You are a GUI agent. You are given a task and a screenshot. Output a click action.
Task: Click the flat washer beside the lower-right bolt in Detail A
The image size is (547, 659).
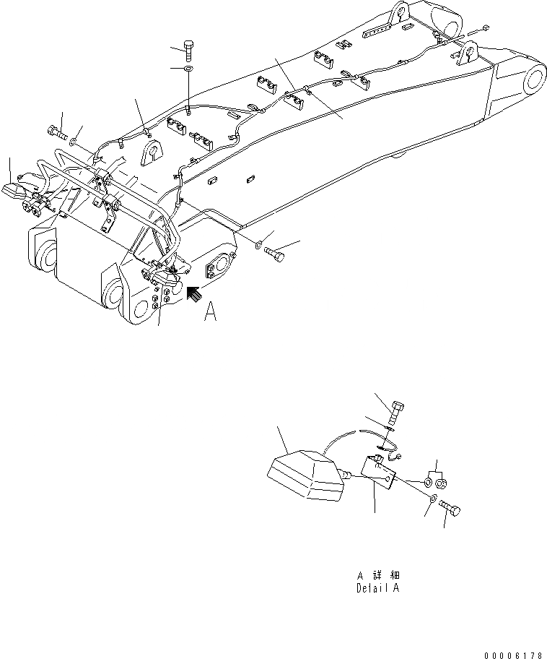[x=432, y=499]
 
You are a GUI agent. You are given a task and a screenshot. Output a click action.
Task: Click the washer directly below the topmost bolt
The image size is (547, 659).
[x=188, y=69]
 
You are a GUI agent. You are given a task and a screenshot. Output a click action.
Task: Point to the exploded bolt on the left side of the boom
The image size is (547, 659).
[x=56, y=132]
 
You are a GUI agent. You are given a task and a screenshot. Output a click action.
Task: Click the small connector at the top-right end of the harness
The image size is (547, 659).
[x=486, y=28]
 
